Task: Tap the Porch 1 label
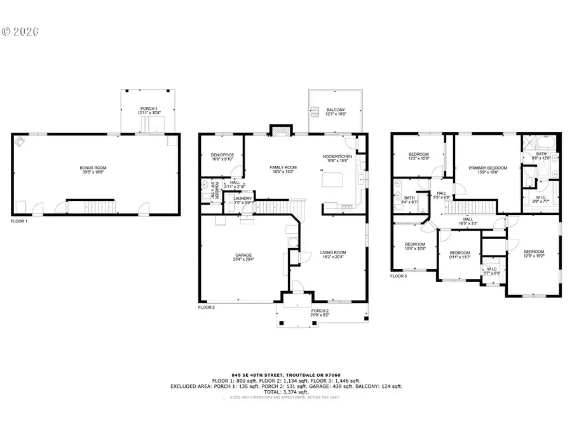149,111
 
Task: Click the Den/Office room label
222,158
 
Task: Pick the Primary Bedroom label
488,170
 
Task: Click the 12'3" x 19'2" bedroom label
534,253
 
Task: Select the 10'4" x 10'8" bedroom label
415,246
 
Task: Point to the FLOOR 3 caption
398,276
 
